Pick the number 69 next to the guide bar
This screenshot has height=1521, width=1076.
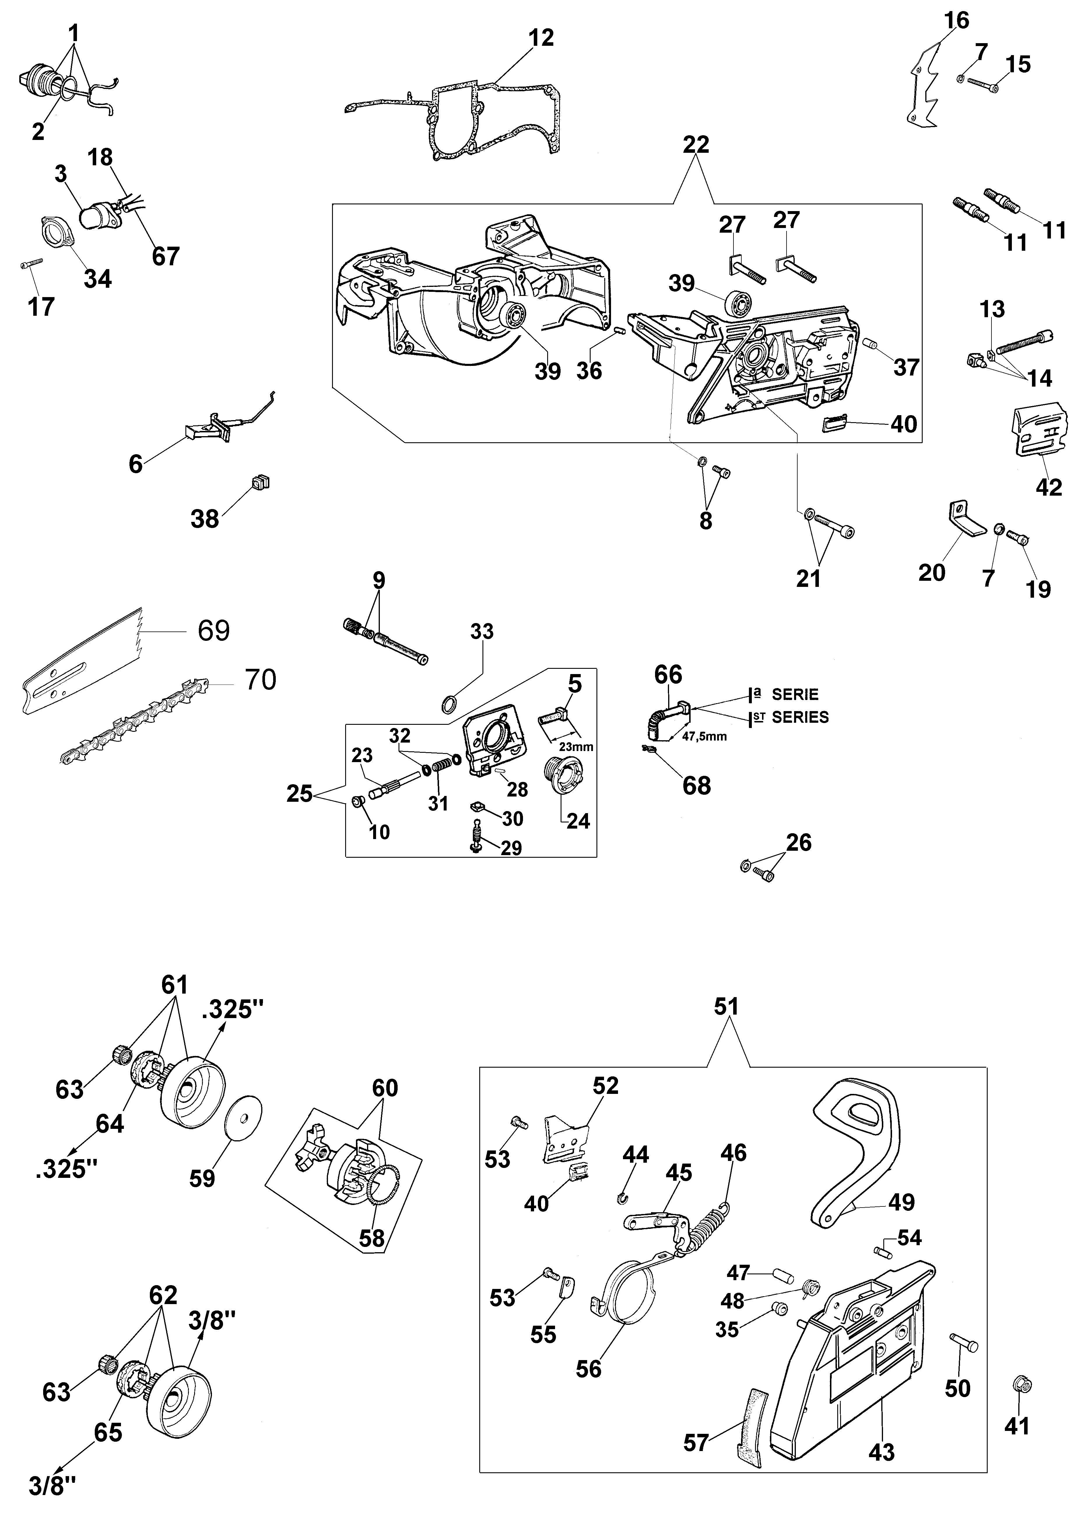pyautogui.click(x=213, y=630)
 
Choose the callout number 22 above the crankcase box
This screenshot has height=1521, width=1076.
pyautogui.click(x=695, y=144)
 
